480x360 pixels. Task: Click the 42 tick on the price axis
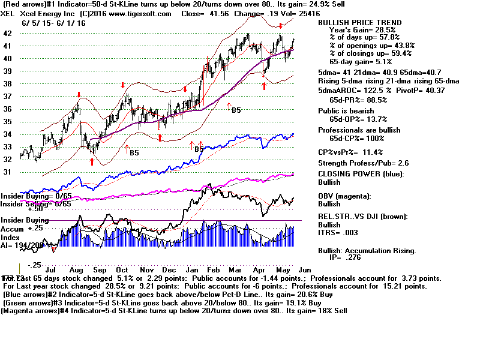7,33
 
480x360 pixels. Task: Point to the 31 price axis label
7,172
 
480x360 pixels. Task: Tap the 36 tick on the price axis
7,109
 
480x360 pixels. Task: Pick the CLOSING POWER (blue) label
361,175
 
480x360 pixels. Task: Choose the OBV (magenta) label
349,196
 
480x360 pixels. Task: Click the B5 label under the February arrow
236,110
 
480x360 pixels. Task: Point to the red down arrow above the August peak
79,95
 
